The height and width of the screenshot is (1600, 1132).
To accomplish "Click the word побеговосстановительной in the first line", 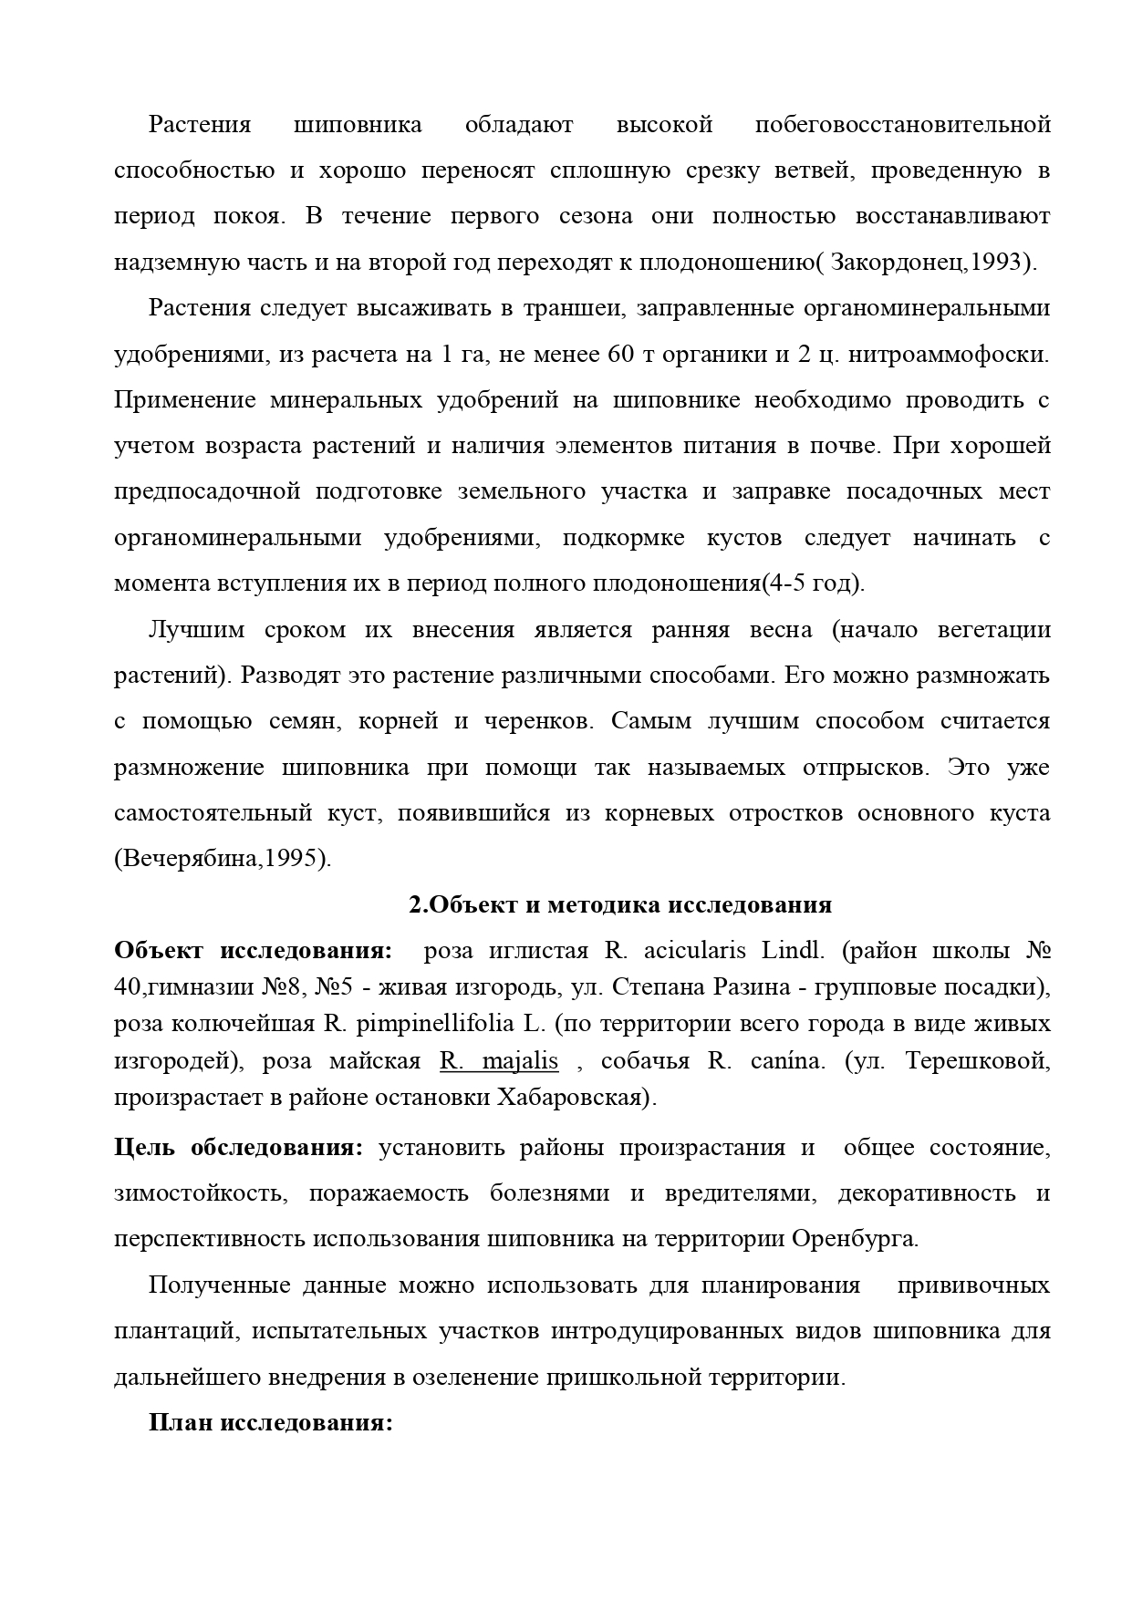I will coord(902,125).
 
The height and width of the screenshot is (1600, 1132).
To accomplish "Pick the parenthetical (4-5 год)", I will coord(813,583).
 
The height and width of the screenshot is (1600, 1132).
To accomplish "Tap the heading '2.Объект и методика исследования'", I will coord(619,904).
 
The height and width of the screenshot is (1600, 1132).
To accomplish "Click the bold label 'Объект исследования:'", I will coord(254,951).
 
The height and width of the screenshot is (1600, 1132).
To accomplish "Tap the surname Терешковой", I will coord(979,1060).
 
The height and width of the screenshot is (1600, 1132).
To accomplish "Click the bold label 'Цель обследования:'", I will coord(238,1147).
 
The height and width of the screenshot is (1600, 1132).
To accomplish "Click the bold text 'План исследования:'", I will coord(270,1423).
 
